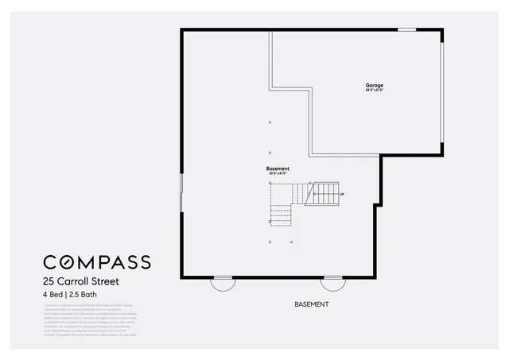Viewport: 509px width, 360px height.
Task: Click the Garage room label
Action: [374, 85]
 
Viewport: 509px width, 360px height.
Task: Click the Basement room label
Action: [278, 168]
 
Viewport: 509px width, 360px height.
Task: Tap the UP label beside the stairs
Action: [341, 194]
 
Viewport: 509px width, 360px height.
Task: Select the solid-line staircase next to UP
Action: [326, 192]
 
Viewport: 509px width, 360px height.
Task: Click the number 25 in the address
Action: [49, 281]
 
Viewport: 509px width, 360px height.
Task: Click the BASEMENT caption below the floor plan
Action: [311, 304]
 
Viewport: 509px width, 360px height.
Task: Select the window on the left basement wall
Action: [182, 193]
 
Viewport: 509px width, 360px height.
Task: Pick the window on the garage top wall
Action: [406, 30]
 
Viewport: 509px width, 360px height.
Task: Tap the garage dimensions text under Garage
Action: [374, 91]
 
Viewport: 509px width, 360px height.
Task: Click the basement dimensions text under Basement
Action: [278, 173]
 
